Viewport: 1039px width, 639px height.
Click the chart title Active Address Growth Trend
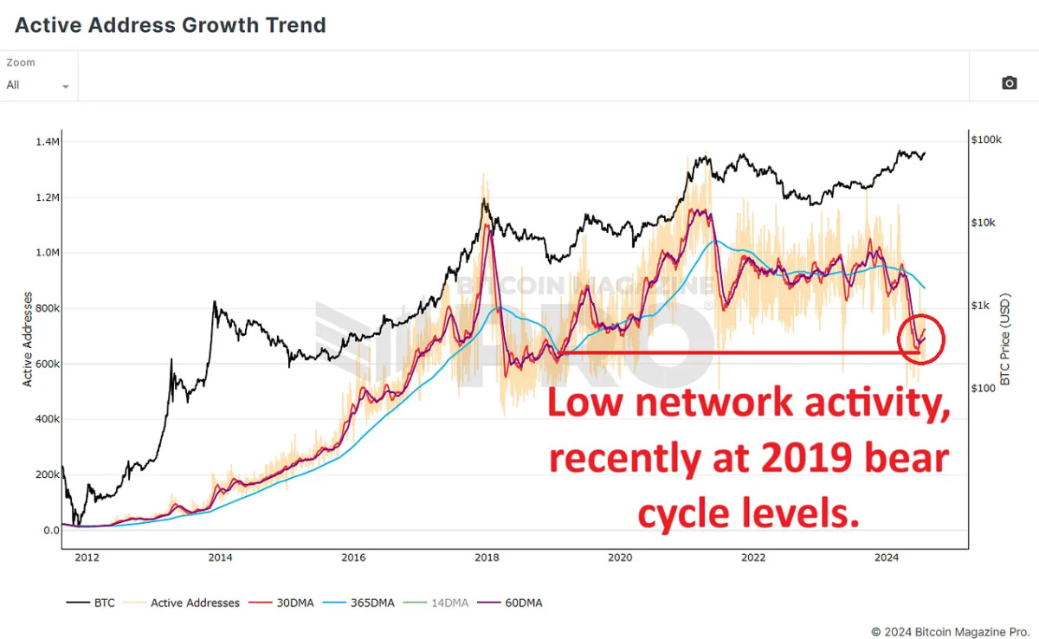point(171,25)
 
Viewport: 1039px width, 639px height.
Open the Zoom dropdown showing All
point(38,85)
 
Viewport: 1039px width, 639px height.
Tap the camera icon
point(1009,83)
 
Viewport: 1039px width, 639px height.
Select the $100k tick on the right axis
point(986,140)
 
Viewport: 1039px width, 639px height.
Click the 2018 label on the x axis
point(486,558)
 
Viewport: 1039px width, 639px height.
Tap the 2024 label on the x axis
point(887,558)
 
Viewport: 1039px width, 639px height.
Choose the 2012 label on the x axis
point(86,558)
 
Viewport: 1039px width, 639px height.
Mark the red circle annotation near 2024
point(921,339)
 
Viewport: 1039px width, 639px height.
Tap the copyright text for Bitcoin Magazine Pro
point(950,631)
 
